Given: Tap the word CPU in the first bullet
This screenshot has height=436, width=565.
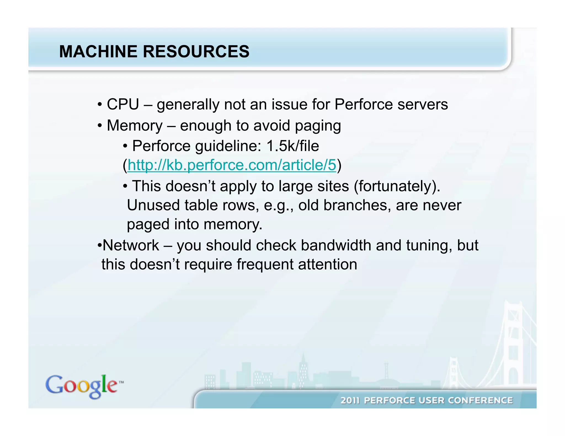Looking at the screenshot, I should pyautogui.click(x=123, y=104).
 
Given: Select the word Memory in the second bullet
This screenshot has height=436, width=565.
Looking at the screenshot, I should pyautogui.click(x=135, y=126).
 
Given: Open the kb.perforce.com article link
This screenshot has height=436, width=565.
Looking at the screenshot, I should pyautogui.click(x=232, y=165).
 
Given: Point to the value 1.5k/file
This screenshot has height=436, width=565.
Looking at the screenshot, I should pyautogui.click(x=292, y=146).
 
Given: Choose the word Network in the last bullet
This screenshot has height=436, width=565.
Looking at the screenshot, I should pyautogui.click(x=131, y=245).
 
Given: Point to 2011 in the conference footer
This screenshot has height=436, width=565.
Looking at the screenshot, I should pyautogui.click(x=350, y=400).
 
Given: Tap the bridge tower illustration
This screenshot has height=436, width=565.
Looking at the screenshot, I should pyautogui.click(x=513, y=345).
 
